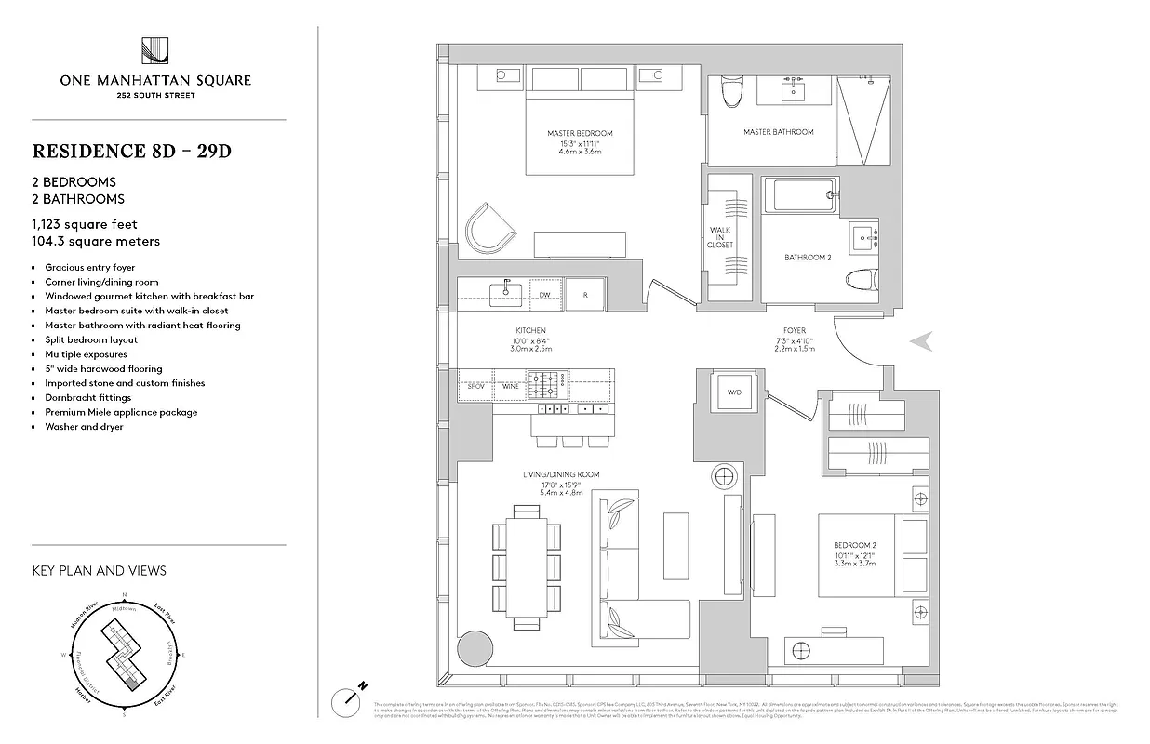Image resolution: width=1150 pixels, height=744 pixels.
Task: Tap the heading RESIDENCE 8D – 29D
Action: pos(132,151)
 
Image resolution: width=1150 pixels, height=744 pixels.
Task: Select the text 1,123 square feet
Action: pos(85,224)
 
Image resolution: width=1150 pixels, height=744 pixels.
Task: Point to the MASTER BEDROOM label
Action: pos(580,133)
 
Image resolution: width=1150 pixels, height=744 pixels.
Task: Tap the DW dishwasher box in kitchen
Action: pos(544,294)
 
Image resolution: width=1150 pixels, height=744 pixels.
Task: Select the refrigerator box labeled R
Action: pos(585,294)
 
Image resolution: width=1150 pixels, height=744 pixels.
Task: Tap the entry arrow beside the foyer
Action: pos(921,342)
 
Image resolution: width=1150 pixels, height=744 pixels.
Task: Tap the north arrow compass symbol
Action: pos(352,695)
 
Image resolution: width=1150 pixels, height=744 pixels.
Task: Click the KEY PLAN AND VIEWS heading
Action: pos(99,570)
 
